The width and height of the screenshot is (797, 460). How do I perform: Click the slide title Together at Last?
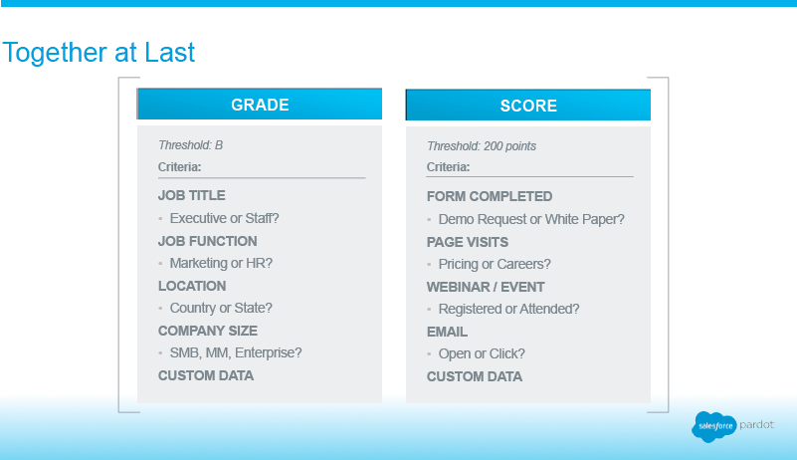click(99, 53)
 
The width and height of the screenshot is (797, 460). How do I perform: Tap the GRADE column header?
click(260, 105)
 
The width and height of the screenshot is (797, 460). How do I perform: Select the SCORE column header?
click(528, 106)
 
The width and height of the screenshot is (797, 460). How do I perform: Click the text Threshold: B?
click(191, 145)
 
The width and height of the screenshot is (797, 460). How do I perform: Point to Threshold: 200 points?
click(482, 146)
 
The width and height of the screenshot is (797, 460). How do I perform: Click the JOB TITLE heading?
click(192, 195)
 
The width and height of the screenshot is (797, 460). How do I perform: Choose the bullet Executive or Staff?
click(224, 218)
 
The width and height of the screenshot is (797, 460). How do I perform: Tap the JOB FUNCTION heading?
click(207, 241)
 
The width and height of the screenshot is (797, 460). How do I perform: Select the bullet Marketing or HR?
click(221, 263)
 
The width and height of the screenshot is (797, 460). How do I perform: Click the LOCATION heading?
click(192, 286)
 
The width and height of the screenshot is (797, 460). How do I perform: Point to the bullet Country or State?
click(221, 308)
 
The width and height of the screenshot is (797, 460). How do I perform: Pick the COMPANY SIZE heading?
click(208, 331)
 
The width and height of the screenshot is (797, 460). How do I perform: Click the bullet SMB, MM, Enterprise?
click(236, 352)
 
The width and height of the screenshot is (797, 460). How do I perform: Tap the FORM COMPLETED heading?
click(490, 196)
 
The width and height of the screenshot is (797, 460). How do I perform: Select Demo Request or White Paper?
click(531, 219)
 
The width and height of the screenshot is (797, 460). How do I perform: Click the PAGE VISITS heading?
click(468, 242)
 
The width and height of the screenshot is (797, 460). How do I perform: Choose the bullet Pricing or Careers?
click(495, 264)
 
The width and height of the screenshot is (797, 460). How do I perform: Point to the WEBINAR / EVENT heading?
click(486, 287)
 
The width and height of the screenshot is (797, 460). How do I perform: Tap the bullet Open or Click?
click(482, 353)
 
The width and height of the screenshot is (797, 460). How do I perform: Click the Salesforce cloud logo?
click(714, 426)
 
